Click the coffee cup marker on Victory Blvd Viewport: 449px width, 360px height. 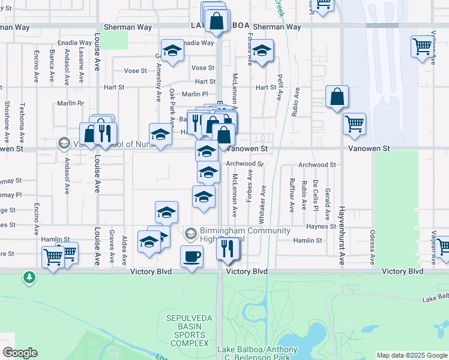point(191,257)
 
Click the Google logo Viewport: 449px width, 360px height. point(20,353)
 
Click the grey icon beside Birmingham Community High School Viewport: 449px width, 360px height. point(191,232)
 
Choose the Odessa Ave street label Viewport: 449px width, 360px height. point(373,247)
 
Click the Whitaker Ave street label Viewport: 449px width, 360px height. point(264,198)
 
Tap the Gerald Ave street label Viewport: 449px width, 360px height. point(328,204)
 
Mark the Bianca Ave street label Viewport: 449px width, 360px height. point(52,67)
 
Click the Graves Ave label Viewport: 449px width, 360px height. point(112,247)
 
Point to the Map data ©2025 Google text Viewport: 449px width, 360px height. point(411,355)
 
